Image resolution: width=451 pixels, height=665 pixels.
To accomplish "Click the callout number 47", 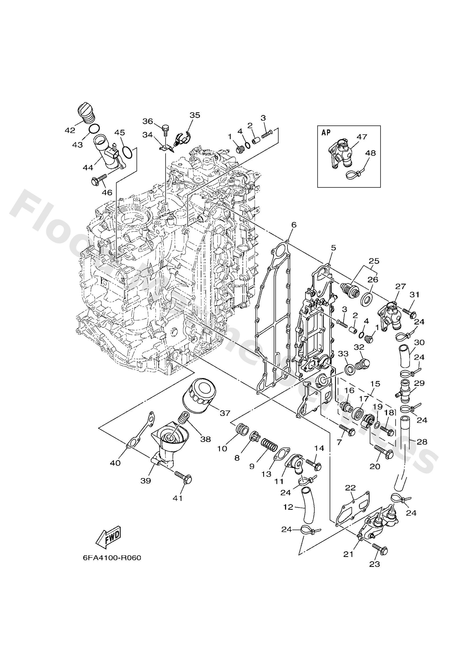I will [362, 137].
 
